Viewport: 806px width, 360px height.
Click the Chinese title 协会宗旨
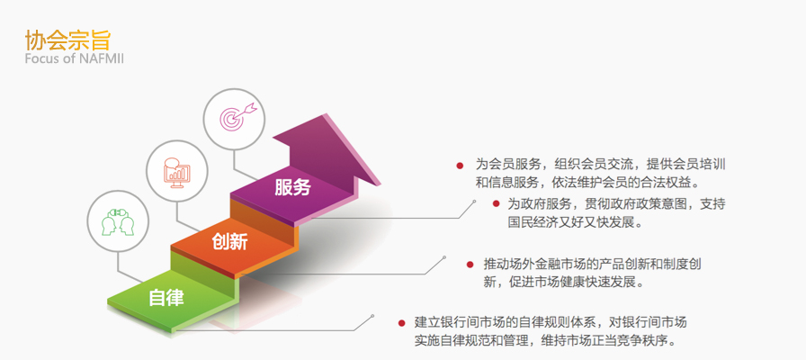click(67, 40)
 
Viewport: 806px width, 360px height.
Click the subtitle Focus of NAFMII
click(74, 58)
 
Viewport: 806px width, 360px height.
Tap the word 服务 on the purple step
click(292, 186)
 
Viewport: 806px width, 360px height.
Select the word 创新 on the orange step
click(229, 241)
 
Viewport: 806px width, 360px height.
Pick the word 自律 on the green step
click(166, 297)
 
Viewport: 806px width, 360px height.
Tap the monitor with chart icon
click(177, 172)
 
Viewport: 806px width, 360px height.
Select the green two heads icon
click(118, 221)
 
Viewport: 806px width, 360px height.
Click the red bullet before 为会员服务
click(460, 166)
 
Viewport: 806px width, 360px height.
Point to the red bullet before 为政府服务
click(496, 203)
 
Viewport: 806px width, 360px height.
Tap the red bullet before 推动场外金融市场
click(470, 265)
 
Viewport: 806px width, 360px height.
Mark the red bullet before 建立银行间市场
click(401, 323)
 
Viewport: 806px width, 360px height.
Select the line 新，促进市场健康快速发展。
click(563, 283)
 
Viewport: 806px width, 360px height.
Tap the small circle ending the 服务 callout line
click(474, 202)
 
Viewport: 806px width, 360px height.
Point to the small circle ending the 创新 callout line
click(444, 256)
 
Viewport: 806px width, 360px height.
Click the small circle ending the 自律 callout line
click(372, 316)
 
